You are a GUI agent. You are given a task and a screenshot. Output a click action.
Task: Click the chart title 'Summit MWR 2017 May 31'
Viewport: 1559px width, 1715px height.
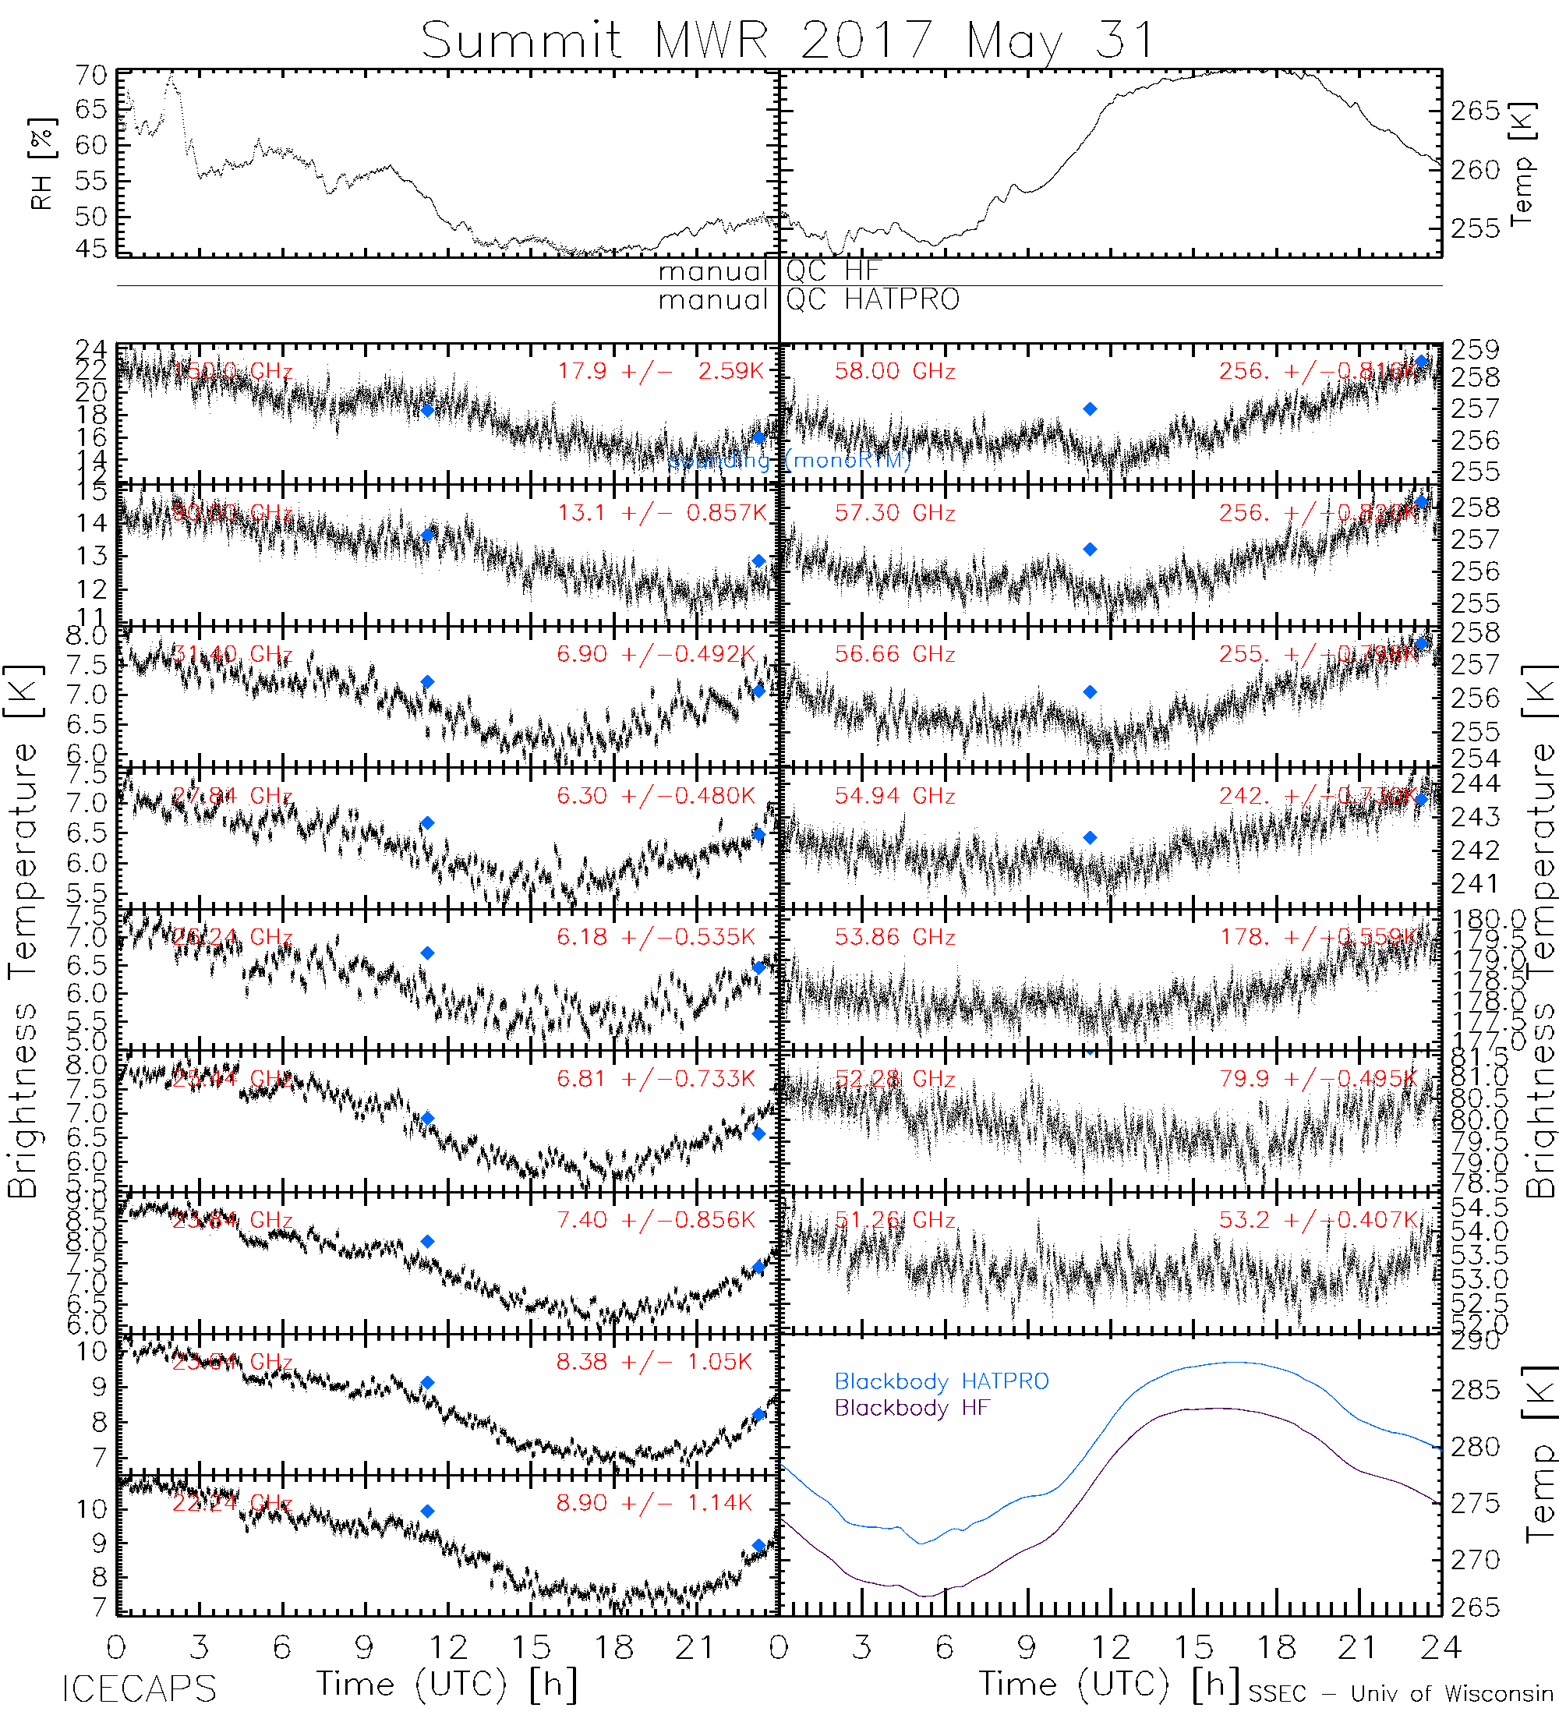click(787, 40)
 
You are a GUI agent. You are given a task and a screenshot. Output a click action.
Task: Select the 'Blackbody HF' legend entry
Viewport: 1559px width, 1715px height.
click(912, 1408)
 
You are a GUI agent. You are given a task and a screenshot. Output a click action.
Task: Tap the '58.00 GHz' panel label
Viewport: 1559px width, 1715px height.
click(895, 371)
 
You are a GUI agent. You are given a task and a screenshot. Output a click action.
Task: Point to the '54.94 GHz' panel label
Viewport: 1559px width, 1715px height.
click(895, 795)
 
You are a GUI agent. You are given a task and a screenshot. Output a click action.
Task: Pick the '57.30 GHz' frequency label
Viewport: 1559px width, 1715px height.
click(895, 512)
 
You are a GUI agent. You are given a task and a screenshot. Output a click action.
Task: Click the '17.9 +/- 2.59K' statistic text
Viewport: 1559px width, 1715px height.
click(661, 371)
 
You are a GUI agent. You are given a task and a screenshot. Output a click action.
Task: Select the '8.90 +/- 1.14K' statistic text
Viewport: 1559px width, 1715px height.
click(654, 1502)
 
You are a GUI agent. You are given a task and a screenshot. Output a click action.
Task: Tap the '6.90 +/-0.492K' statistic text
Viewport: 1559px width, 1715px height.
click(656, 653)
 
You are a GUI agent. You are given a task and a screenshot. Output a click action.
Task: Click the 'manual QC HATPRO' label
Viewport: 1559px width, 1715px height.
click(809, 299)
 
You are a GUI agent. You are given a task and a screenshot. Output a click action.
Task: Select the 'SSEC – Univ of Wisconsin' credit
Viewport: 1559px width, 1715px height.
click(1401, 1693)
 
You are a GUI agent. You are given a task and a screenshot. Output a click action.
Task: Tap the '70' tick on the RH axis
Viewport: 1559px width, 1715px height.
click(91, 76)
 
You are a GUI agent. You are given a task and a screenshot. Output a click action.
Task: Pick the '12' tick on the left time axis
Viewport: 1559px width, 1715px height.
click(447, 1648)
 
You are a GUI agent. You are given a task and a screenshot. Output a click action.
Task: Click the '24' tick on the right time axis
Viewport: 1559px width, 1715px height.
click(1440, 1648)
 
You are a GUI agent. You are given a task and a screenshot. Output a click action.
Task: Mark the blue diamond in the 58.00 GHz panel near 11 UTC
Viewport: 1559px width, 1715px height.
click(1090, 409)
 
